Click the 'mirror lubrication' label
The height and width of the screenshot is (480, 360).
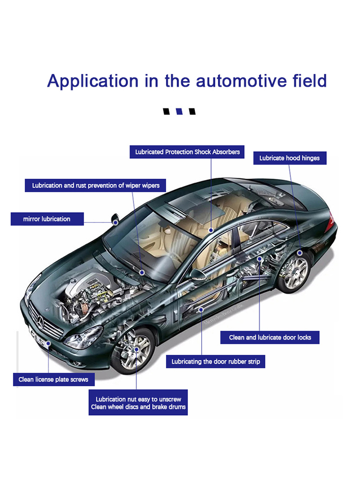(x=47, y=219)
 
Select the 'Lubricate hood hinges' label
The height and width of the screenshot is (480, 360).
(x=289, y=158)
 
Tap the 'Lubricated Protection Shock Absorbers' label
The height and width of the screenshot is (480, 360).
(x=187, y=152)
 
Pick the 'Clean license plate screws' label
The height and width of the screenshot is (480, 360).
(x=53, y=380)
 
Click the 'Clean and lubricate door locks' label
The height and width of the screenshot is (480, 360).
(x=270, y=337)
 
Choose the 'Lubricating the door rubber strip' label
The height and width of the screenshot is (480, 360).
(x=216, y=361)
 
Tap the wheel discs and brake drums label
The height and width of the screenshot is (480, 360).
(x=138, y=403)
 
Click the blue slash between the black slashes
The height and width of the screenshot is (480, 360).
(x=180, y=112)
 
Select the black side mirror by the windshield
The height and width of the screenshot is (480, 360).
(x=115, y=220)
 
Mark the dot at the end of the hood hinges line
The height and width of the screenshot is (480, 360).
(x=300, y=252)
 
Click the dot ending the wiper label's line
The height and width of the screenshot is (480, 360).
(x=142, y=272)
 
